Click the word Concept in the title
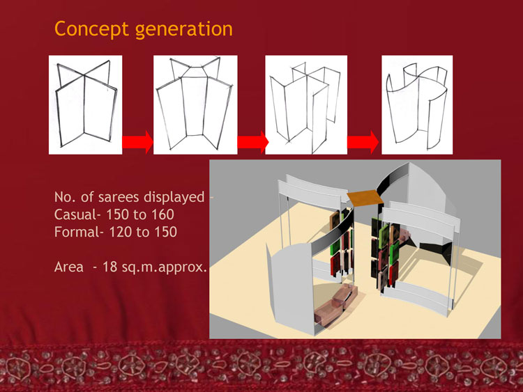click(x=91, y=29)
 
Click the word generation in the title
click(x=184, y=30)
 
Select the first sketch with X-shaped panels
click(x=85, y=104)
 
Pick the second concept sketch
click(x=195, y=104)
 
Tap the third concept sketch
click(x=306, y=104)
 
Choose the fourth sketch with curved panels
click(x=417, y=104)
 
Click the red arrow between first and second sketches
click(x=137, y=142)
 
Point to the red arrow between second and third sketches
click(x=253, y=142)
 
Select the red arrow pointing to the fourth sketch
click(x=363, y=142)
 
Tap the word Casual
click(x=75, y=214)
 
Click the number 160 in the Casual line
click(x=162, y=215)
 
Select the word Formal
click(x=77, y=232)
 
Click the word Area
click(x=69, y=267)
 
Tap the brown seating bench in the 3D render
click(x=335, y=306)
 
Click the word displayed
click(x=174, y=198)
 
